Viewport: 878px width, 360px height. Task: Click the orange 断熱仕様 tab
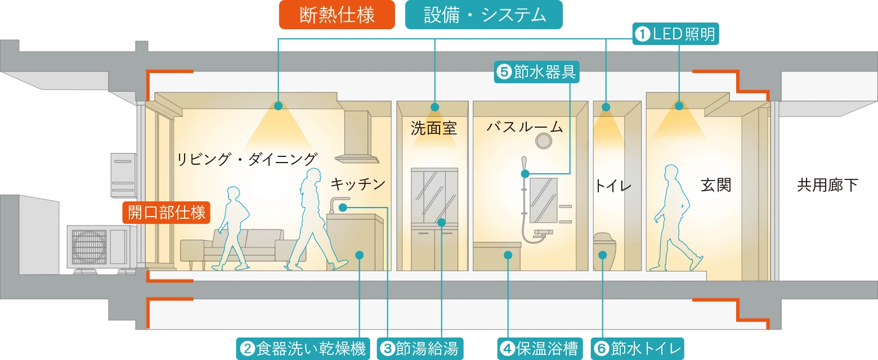337,16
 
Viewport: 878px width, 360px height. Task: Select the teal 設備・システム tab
485,16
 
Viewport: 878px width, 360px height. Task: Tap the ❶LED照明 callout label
675,34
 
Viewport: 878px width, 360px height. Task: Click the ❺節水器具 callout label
536,72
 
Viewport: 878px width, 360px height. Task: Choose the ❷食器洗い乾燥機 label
303,349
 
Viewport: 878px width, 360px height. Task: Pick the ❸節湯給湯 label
420,349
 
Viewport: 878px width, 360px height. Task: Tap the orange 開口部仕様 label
167,213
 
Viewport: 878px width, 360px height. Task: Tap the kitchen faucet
338,204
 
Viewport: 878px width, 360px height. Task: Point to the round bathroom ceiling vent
544,142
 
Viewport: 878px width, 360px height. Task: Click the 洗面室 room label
433,129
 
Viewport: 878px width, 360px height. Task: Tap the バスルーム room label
525,127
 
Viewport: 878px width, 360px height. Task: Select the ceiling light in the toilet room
606,107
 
